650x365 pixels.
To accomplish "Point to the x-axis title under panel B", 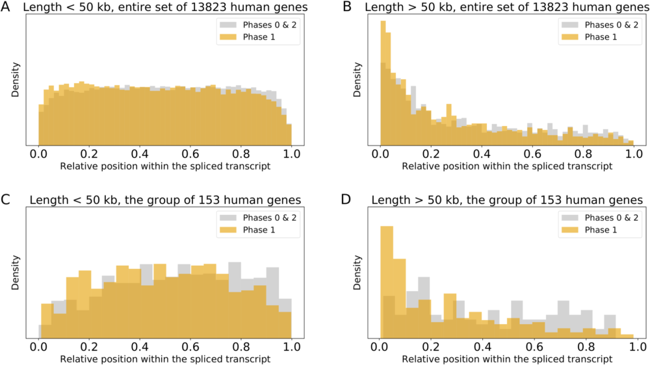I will (x=507, y=166).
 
